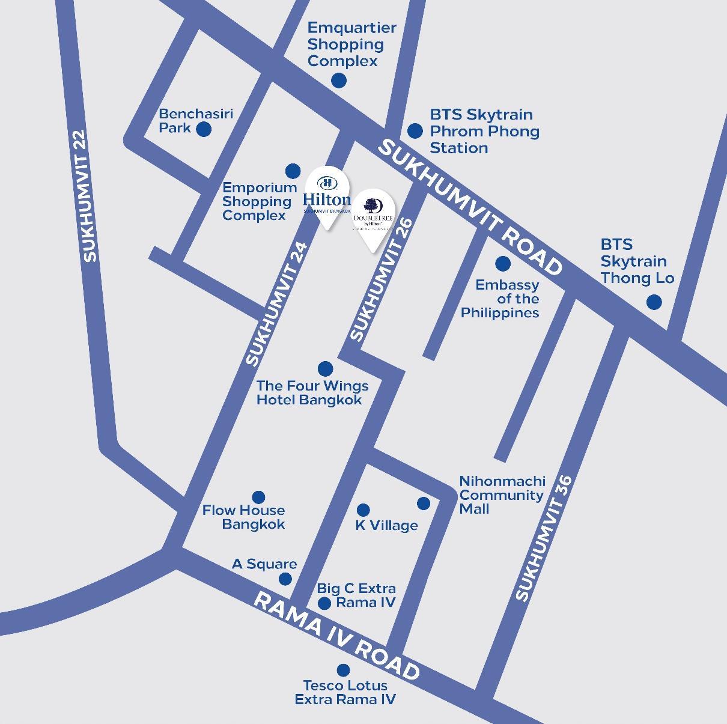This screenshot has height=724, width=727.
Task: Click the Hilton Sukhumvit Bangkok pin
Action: click(326, 196)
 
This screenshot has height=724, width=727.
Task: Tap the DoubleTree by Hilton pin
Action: click(373, 219)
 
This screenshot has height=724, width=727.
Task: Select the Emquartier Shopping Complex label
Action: click(351, 44)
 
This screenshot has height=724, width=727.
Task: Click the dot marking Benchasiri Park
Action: click(204, 129)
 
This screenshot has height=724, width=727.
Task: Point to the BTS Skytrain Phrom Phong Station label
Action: click(484, 131)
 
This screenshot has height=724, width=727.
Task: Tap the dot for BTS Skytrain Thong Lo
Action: click(654, 302)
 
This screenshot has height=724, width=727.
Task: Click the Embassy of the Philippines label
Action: click(500, 299)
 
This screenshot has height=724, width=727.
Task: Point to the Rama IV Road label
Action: click(336, 636)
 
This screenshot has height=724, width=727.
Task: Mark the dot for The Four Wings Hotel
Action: click(325, 368)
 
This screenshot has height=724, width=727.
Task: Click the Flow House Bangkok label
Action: click(243, 517)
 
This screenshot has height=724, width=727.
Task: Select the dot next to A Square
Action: click(285, 579)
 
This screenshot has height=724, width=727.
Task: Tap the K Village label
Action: click(386, 525)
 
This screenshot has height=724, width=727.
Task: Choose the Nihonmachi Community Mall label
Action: click(502, 495)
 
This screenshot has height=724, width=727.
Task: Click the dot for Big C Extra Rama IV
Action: click(324, 603)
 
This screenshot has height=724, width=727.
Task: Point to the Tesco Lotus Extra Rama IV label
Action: click(345, 692)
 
